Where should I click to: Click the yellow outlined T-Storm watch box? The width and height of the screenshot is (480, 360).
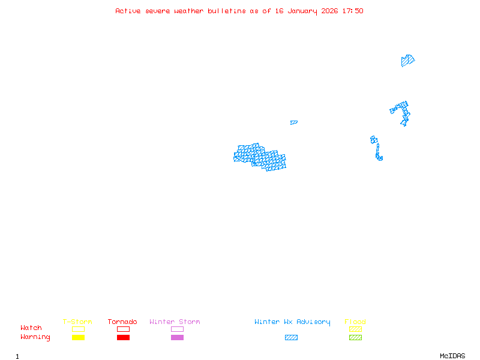[78, 329]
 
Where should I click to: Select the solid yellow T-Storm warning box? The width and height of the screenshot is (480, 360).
[78, 338]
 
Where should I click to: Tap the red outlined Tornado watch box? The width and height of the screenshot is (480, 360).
[123, 329]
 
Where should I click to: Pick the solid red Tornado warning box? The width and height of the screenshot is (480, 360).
[123, 338]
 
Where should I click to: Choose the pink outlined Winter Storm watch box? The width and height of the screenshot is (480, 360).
[177, 329]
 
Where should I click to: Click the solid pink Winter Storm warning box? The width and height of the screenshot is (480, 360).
[177, 338]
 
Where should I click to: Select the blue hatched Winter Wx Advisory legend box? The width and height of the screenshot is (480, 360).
[291, 338]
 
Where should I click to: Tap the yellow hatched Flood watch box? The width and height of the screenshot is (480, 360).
[355, 329]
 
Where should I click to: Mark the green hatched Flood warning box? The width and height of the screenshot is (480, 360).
[355, 338]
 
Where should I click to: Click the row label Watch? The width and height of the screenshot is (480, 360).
[31, 328]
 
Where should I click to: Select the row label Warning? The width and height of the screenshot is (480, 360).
[35, 337]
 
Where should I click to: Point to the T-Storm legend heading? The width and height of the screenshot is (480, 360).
[77, 322]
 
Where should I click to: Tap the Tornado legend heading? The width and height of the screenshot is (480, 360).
[122, 322]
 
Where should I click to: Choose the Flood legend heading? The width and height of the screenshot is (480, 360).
[355, 322]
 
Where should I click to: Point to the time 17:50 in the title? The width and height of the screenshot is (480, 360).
[353, 11]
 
